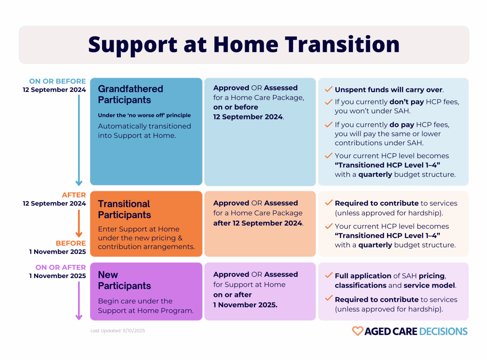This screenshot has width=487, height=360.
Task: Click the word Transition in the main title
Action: [342, 44]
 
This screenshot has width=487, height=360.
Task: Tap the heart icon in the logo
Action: [357, 331]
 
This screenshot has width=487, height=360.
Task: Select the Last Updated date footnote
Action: [118, 331]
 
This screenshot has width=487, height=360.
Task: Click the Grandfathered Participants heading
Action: [130, 94]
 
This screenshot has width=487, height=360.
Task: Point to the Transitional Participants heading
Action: [124, 209]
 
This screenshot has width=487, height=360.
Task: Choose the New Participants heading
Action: [124, 280]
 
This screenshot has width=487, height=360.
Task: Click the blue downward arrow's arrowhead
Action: [79, 183]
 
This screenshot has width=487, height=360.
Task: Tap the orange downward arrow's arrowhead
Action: [79, 235]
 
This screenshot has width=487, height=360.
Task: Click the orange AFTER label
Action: [74, 195]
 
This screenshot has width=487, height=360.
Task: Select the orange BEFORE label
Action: [71, 243]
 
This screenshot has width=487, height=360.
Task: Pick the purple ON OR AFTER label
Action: [61, 267]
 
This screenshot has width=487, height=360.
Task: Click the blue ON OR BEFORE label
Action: [57, 81]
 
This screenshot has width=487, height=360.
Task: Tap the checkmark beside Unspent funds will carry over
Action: [328, 89]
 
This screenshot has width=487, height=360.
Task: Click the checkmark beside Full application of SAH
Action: [328, 275]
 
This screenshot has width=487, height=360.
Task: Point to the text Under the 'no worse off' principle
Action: [144, 115]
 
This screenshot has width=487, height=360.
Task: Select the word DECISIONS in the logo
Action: [443, 331]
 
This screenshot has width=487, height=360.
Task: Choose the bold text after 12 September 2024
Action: [258, 223]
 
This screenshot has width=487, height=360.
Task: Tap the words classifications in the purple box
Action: [360, 285]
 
